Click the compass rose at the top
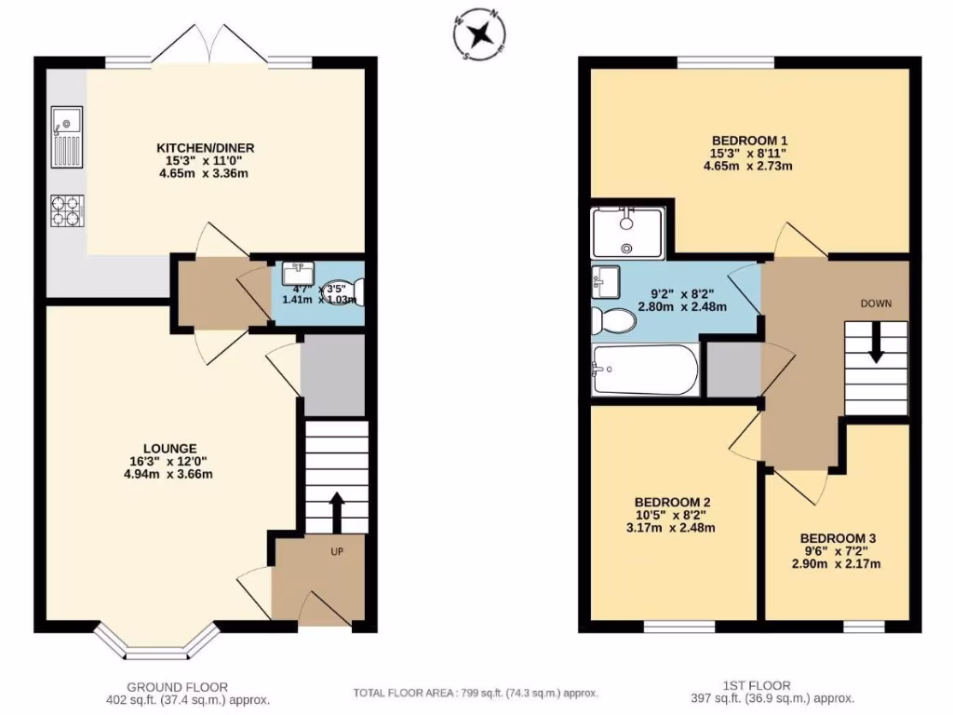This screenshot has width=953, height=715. (x=480, y=34)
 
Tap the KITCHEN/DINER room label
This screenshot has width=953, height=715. (x=205, y=147)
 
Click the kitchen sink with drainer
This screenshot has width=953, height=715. (x=67, y=136)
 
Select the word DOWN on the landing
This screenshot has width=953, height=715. (x=875, y=304)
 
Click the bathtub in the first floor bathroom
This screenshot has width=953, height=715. (x=644, y=370)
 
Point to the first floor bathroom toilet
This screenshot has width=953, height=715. (x=614, y=321)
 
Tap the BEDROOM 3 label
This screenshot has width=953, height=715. (x=838, y=538)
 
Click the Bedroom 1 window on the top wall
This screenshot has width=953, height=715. (x=726, y=62)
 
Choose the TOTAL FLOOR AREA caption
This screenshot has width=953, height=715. (x=475, y=694)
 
